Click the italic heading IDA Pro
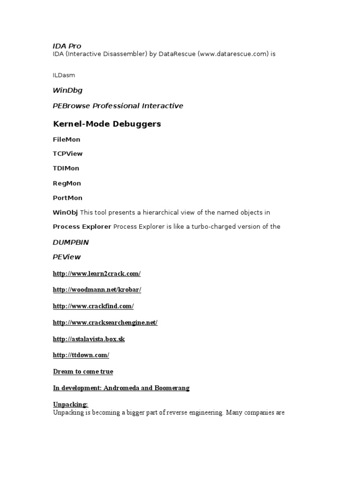(x=67, y=46)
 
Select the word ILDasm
(x=64, y=75)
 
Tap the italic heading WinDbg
(x=67, y=90)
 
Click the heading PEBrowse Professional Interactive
(x=118, y=106)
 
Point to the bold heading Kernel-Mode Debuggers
(x=107, y=124)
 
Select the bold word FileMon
(x=67, y=140)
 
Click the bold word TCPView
(x=67, y=154)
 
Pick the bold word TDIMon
(x=66, y=168)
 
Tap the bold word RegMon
(x=67, y=183)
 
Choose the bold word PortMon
(x=67, y=198)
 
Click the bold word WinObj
(x=65, y=212)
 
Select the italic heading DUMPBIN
(x=71, y=242)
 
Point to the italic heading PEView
(x=67, y=257)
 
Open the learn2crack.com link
(x=97, y=274)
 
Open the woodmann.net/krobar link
(x=97, y=290)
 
